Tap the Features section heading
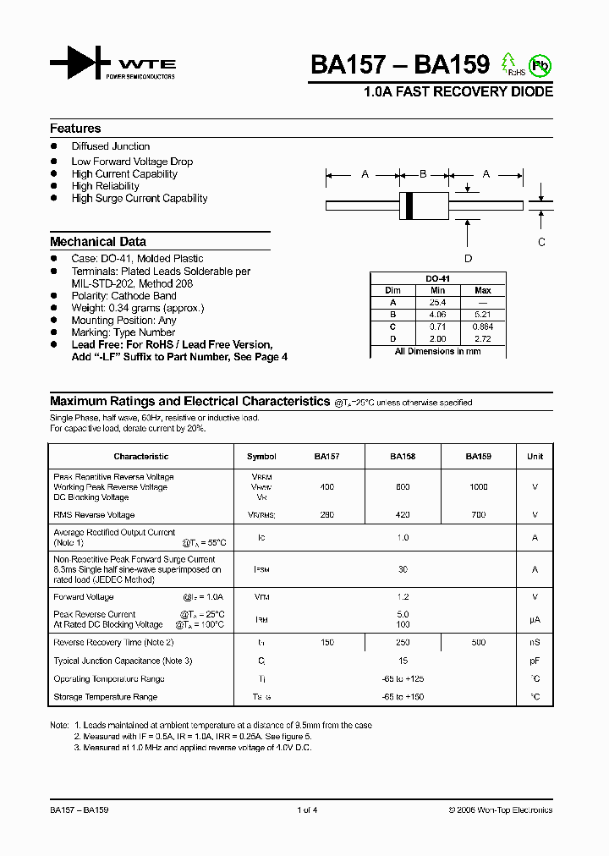(75, 129)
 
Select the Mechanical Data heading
(98, 242)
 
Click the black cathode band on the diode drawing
(409, 205)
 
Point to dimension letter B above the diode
(424, 174)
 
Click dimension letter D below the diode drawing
(468, 259)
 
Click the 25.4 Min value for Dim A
(437, 302)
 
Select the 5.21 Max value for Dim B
(483, 314)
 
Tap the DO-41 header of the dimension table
(437, 278)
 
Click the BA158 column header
(403, 457)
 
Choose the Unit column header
(535, 457)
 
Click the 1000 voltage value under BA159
(478, 487)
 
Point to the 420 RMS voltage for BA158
(403, 515)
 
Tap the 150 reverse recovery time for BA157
(326, 643)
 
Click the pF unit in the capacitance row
(535, 661)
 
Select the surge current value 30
(403, 570)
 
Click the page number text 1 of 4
(307, 810)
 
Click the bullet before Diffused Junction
(54, 147)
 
